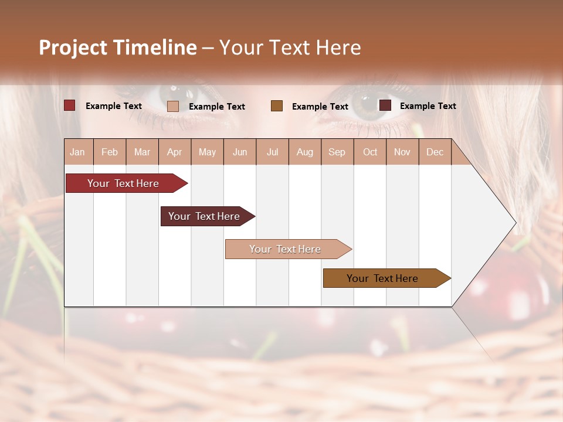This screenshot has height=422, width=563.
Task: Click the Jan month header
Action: click(x=78, y=152)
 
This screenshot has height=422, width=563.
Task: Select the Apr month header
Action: click(x=175, y=152)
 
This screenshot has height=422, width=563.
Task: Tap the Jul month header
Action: click(x=272, y=152)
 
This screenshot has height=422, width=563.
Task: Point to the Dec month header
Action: click(x=435, y=152)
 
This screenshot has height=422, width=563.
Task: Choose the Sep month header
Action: click(x=337, y=152)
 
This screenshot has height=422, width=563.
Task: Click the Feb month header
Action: click(x=110, y=152)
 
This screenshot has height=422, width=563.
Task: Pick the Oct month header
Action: click(x=369, y=152)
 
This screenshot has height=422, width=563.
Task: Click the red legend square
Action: click(x=70, y=105)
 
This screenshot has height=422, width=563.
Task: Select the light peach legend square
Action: click(x=173, y=106)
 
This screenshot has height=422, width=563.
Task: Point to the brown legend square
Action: click(x=277, y=105)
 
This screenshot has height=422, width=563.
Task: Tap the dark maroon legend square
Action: click(x=385, y=105)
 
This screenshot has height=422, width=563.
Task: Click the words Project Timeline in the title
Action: click(x=117, y=47)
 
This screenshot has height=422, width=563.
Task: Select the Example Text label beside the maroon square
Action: click(x=428, y=106)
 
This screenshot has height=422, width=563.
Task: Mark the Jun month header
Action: click(x=240, y=152)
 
